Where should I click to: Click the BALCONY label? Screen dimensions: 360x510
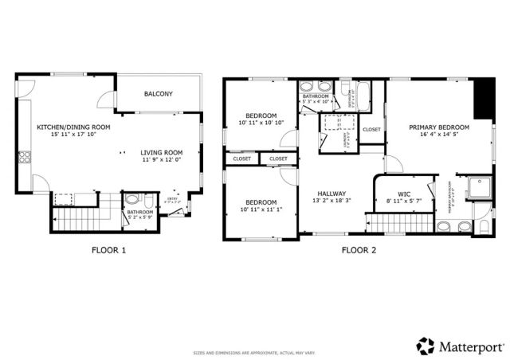[158, 94]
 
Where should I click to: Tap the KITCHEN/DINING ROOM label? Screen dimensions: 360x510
[73, 127]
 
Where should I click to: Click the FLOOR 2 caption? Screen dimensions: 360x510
[359, 250]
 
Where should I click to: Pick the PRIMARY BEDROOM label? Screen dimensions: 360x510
[439, 127]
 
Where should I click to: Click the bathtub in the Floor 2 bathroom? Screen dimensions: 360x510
[363, 96]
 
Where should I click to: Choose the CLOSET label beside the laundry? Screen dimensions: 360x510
[371, 129]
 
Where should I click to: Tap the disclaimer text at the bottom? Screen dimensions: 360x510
[255, 352]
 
